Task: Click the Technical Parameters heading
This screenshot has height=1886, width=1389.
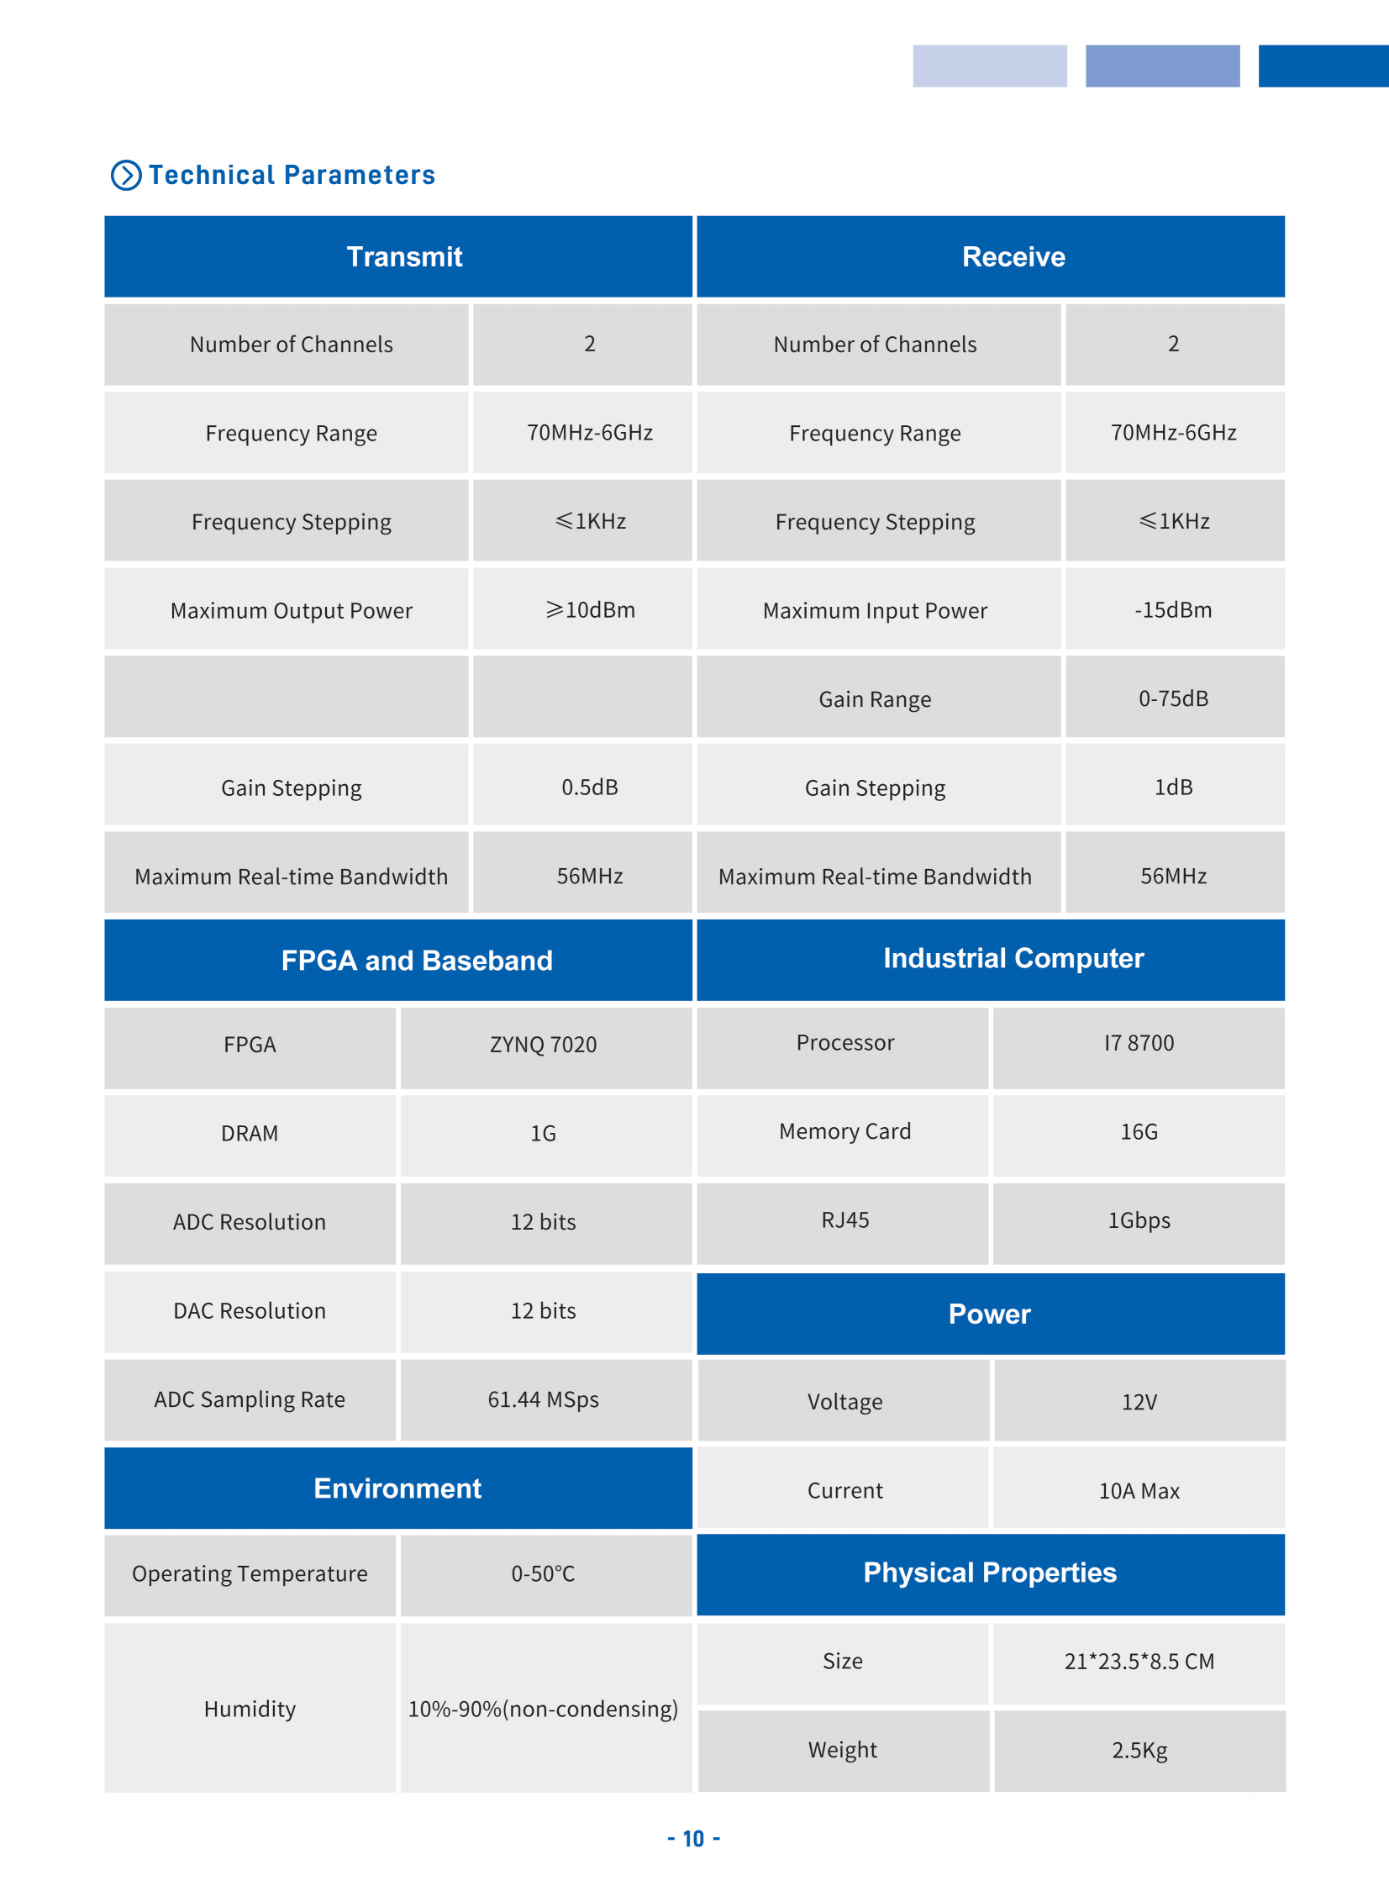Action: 292,175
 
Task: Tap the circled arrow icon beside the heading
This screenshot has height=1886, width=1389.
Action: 126,175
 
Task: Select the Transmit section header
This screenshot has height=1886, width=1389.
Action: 404,256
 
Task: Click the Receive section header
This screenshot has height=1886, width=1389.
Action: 1013,256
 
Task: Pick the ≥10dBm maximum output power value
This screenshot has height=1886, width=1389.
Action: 590,609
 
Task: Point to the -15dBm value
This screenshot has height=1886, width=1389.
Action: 1173,609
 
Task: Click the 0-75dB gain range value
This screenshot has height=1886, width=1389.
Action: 1173,698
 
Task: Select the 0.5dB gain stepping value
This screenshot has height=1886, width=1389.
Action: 589,787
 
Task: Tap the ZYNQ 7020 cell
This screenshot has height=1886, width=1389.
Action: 543,1045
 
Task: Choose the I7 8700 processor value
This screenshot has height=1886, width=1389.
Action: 1139,1043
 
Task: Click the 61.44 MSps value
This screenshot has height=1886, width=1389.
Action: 543,1399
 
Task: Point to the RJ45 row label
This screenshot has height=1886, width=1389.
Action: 845,1220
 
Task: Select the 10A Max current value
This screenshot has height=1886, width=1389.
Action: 1139,1491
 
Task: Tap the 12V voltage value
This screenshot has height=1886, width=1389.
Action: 1139,1402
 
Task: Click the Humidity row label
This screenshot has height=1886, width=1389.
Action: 250,1709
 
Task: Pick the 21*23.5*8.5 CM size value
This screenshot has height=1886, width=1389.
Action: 1139,1662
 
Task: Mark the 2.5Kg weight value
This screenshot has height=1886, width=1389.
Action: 1139,1750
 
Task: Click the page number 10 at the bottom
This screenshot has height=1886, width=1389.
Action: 693,1839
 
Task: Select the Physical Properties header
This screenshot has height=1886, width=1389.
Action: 990,1573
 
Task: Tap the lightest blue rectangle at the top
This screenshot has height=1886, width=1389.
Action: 990,66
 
